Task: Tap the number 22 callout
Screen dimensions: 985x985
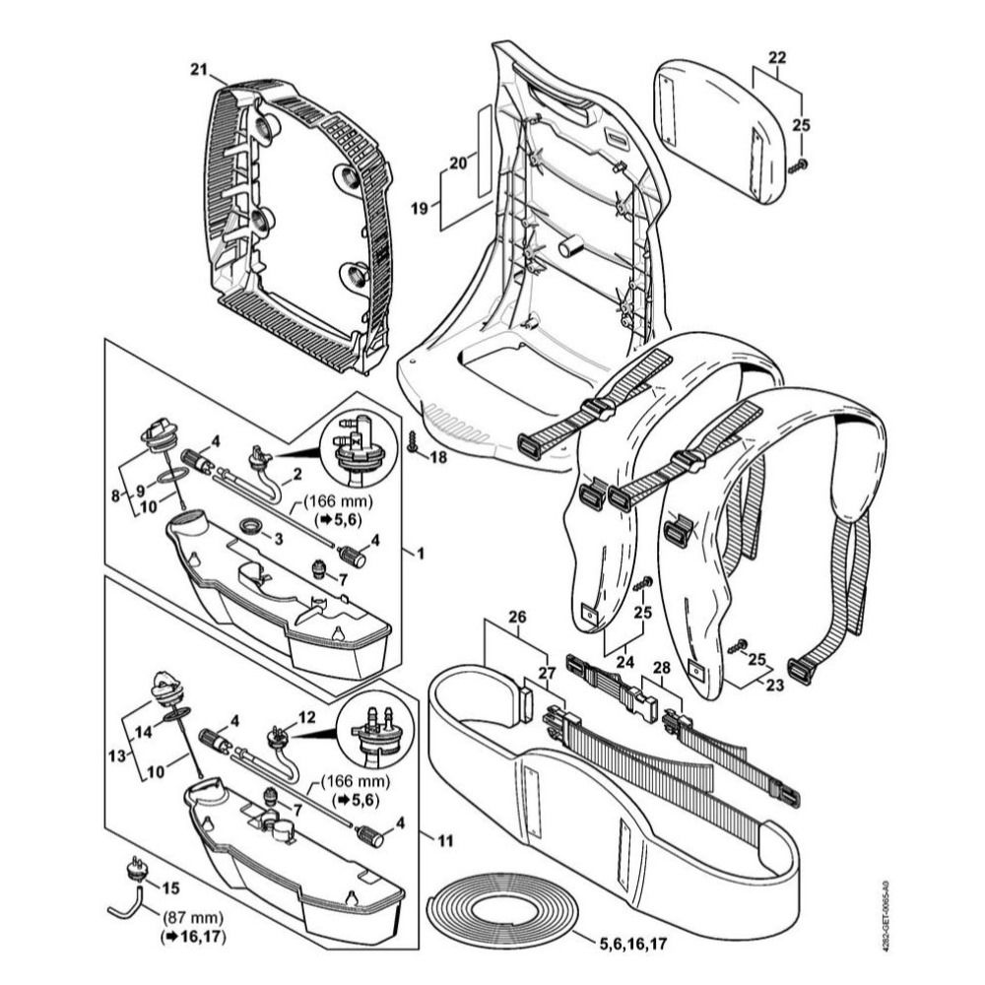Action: (x=777, y=58)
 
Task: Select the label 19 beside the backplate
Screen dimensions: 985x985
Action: (x=420, y=209)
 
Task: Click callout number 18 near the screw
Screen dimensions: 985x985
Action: (x=437, y=458)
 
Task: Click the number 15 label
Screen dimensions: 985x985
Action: (x=171, y=887)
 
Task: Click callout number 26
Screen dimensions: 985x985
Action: (x=517, y=618)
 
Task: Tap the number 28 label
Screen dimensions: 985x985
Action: (x=661, y=668)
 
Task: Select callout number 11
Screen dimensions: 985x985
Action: (x=444, y=841)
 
